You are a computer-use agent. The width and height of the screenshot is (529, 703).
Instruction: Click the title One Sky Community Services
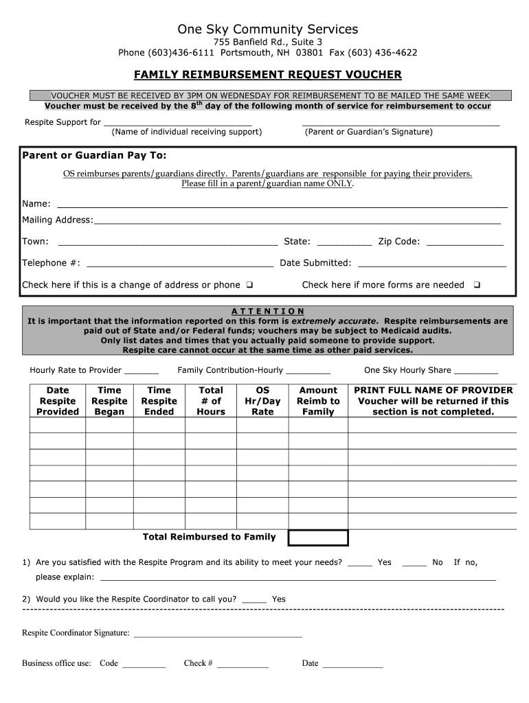tap(267, 29)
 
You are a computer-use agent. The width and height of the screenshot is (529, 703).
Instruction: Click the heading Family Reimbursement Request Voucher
tap(267, 74)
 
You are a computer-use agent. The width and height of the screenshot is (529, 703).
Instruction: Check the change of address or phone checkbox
tap(249, 285)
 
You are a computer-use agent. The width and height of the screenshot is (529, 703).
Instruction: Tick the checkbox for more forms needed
tap(477, 285)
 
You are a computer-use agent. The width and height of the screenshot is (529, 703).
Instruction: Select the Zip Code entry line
tap(465, 242)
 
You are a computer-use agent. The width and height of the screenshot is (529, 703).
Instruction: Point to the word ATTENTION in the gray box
tap(268, 311)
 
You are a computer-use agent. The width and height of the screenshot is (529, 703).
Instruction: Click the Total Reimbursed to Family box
tap(317, 538)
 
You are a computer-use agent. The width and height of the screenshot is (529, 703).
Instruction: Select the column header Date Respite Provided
tap(58, 401)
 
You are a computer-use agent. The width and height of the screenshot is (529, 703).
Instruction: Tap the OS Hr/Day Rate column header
tap(262, 401)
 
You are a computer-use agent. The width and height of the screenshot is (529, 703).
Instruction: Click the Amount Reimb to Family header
tap(318, 401)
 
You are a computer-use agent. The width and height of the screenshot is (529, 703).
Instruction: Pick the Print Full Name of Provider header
tap(433, 401)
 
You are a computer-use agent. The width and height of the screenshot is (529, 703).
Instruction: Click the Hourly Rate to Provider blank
tap(142, 371)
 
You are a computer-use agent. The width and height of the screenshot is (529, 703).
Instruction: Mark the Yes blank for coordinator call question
tap(254, 600)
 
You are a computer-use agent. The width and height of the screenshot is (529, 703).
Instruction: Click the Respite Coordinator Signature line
tap(217, 634)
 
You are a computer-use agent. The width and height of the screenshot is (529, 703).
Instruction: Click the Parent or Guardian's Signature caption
tap(368, 132)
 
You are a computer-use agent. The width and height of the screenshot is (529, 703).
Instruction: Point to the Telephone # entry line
tap(180, 264)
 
